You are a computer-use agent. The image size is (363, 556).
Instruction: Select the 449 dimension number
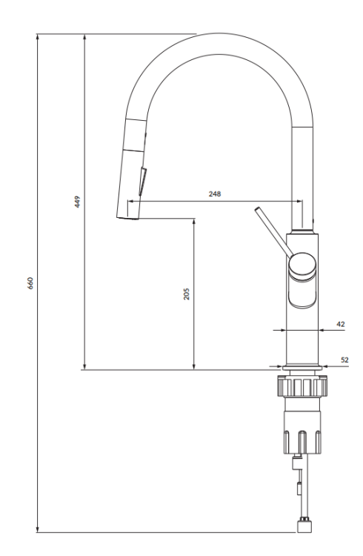point(78,202)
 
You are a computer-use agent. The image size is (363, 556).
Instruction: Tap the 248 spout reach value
point(215,193)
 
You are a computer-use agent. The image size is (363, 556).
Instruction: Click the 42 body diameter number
point(340,323)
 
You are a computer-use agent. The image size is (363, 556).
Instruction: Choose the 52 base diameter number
point(344,360)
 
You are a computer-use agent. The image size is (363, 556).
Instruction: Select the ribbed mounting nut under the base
point(302,386)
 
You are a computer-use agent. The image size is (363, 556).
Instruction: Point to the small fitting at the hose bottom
point(304,526)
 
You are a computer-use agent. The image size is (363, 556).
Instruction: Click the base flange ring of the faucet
point(302,366)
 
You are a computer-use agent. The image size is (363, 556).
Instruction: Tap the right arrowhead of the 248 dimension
point(299,200)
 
